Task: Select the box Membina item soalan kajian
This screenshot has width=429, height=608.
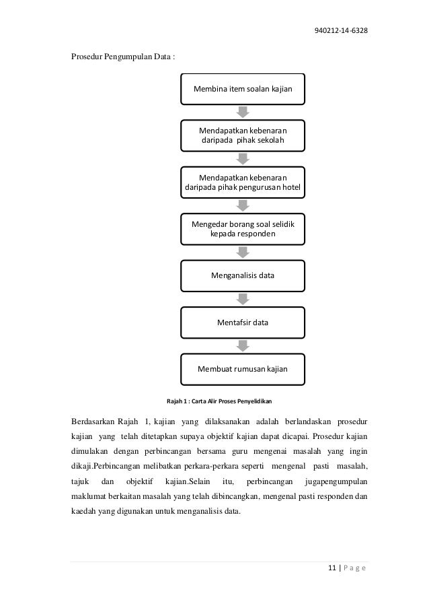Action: point(243,89)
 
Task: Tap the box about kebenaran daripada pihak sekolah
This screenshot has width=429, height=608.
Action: point(243,135)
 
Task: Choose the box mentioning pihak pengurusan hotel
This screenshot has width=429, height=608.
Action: point(243,181)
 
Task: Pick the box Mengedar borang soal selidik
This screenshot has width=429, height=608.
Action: point(243,228)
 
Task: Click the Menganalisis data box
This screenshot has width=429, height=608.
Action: point(243,275)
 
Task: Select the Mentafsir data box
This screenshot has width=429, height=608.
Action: point(243,323)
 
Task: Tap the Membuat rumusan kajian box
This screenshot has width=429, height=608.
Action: point(243,369)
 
